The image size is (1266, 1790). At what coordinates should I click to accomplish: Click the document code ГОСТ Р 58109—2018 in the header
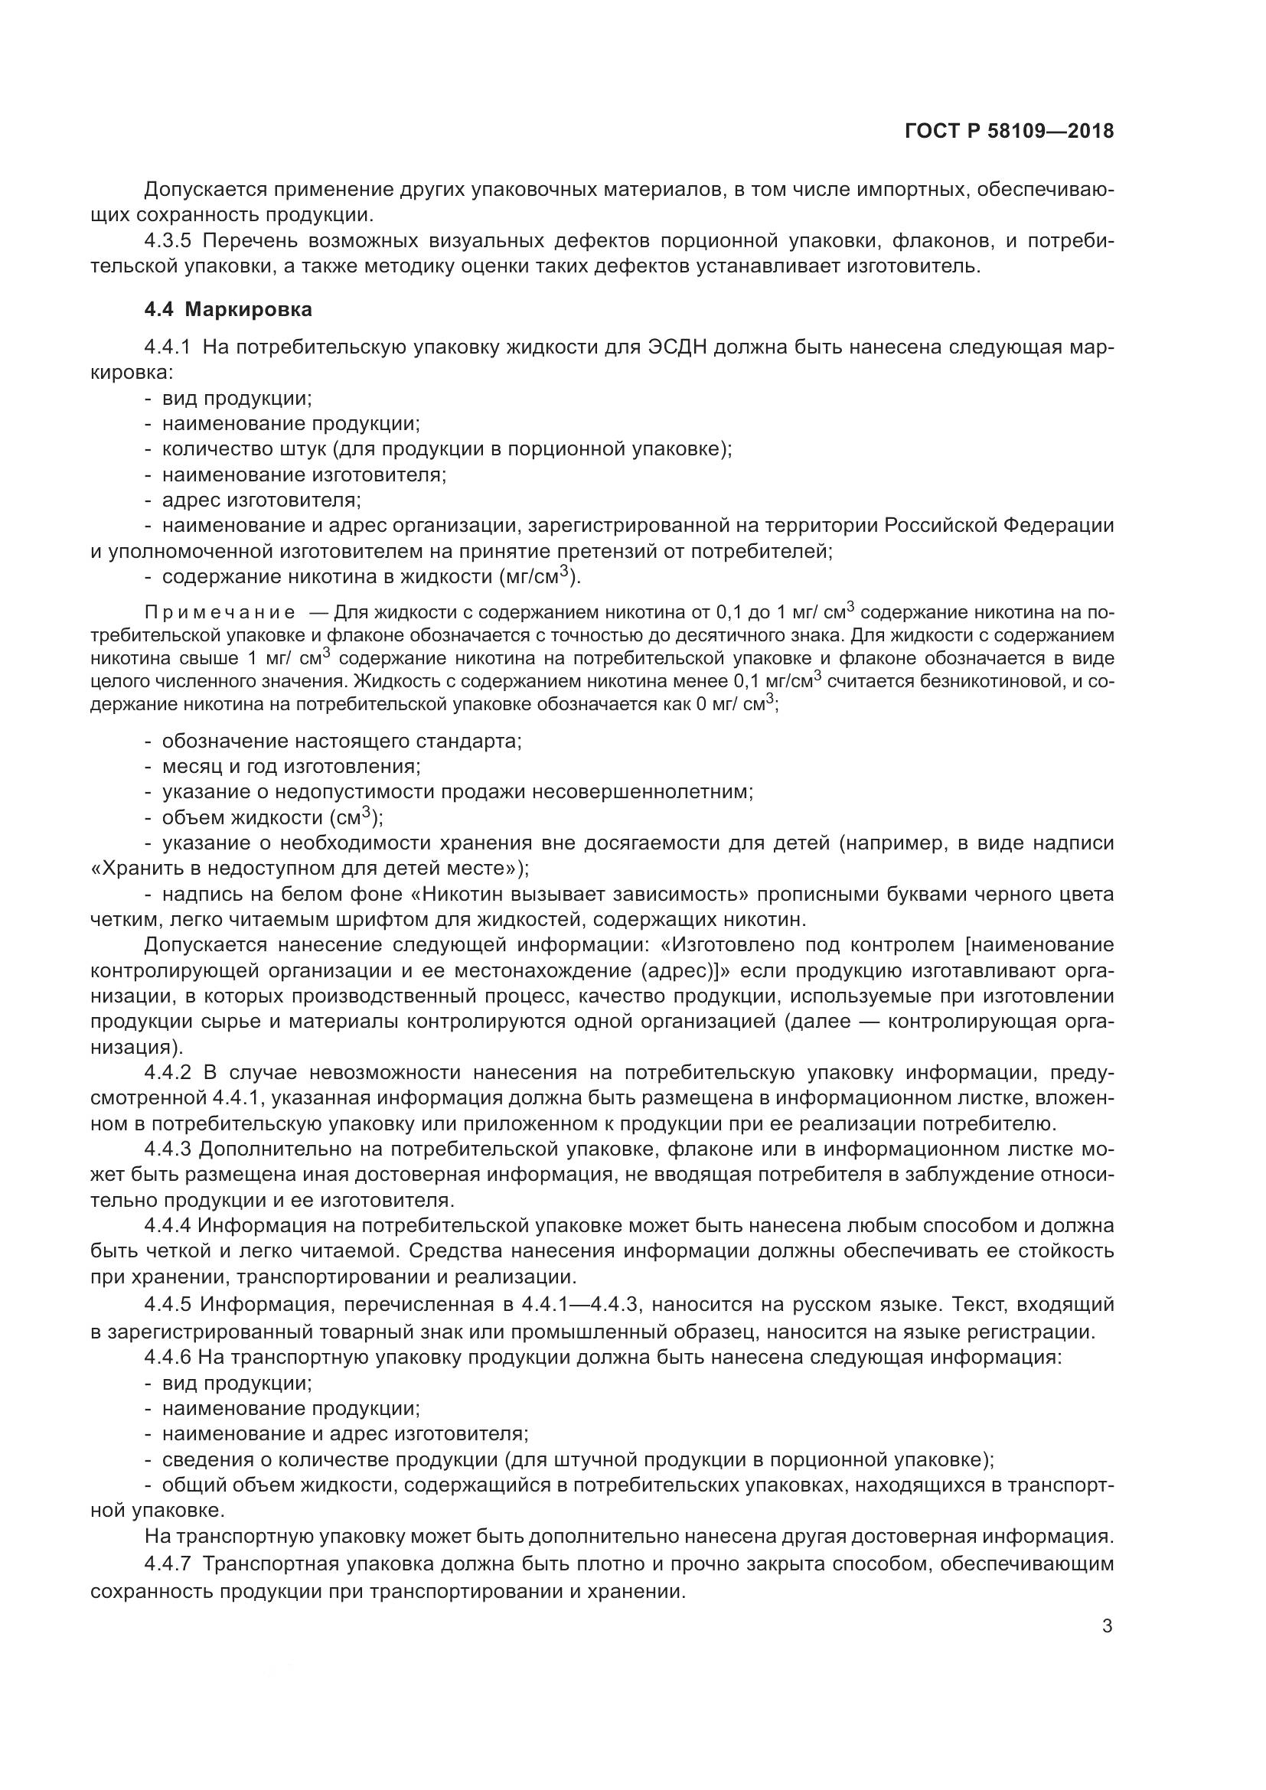coord(1009,132)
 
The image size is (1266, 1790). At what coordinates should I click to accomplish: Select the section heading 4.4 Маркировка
coord(228,309)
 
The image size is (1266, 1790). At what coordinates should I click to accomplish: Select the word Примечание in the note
coord(220,611)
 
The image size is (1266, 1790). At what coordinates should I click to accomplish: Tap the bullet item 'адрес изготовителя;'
coord(261,500)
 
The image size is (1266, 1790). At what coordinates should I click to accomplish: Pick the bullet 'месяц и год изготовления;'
coord(291,766)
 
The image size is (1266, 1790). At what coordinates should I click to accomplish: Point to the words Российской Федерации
coord(999,527)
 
